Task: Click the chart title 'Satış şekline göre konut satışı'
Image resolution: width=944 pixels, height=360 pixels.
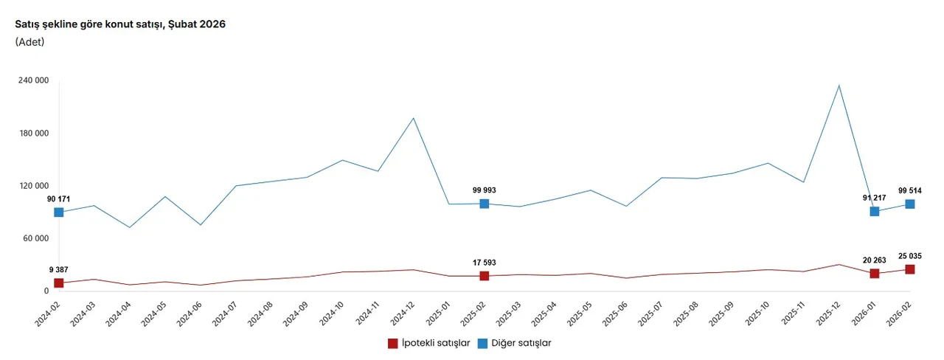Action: click(120, 24)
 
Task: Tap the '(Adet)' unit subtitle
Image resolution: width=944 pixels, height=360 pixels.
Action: click(30, 42)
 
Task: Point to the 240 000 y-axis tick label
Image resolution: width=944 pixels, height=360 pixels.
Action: click(32, 80)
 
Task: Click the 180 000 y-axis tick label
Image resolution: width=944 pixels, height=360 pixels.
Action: click(32, 134)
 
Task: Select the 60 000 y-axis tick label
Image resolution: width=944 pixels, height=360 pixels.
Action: click(35, 238)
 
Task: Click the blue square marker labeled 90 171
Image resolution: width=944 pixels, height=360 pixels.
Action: click(59, 212)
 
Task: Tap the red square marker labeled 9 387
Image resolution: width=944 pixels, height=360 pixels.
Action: click(59, 283)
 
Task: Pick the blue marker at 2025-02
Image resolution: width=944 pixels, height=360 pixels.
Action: click(485, 204)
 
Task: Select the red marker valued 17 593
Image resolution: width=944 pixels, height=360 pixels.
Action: click(485, 276)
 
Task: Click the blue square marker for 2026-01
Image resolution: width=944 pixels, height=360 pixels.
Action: click(875, 212)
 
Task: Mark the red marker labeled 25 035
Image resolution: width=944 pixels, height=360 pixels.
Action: click(910, 269)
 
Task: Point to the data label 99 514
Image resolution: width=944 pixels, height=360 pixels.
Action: click(910, 190)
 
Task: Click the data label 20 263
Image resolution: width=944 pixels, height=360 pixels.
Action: click(875, 260)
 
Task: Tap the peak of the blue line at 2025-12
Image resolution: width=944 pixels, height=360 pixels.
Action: click(839, 86)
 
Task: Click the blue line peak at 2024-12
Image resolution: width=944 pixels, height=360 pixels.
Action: click(414, 118)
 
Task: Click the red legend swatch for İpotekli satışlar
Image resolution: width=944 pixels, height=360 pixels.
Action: click(393, 343)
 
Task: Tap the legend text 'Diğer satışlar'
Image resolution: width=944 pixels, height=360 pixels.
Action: click(521, 343)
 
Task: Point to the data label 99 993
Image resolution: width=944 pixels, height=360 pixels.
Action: click(485, 190)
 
